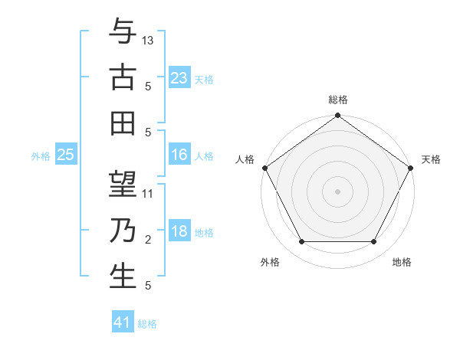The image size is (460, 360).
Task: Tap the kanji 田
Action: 123,123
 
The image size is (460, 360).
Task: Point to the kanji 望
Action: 123,185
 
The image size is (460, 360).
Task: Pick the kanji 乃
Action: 123,231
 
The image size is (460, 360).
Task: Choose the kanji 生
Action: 123,277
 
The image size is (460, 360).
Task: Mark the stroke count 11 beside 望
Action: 149,194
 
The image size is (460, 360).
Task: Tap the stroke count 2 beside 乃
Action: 148,240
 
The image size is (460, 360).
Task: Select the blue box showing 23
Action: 179,77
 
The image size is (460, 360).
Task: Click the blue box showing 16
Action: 179,155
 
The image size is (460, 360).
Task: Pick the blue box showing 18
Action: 179,231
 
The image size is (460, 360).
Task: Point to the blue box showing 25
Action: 66,155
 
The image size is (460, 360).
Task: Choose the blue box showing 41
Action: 123,322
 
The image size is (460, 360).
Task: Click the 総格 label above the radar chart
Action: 338,100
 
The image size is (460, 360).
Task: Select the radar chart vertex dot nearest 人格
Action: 264,168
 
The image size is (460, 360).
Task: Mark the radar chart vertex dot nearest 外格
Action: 301,242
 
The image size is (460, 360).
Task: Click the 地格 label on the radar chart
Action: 402,262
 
